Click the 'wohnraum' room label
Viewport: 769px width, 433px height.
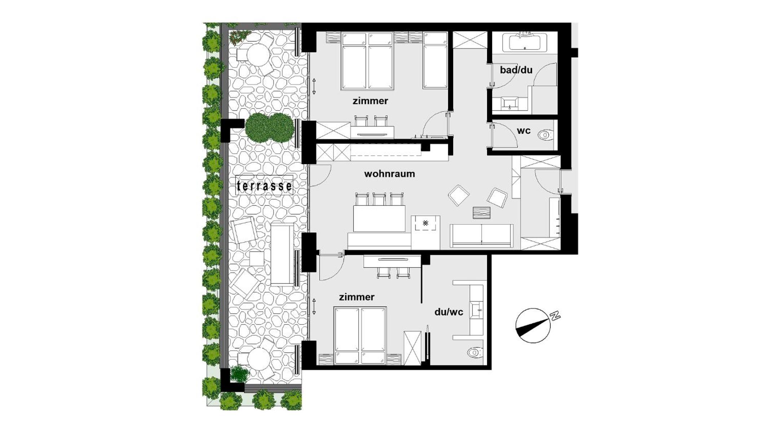pyautogui.click(x=389, y=174)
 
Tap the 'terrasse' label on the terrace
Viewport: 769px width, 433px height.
pyautogui.click(x=264, y=185)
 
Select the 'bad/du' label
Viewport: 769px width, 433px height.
pyautogui.click(x=516, y=70)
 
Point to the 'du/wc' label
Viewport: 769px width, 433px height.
pyautogui.click(x=448, y=312)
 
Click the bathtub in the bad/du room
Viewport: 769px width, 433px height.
pyautogui.click(x=528, y=43)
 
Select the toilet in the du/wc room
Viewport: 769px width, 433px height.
pyautogui.click(x=475, y=352)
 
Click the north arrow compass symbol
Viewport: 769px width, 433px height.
pyautogui.click(x=533, y=325)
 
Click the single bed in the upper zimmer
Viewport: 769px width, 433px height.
pyautogui.click(x=435, y=60)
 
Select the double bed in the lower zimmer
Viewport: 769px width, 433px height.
pyautogui.click(x=360, y=335)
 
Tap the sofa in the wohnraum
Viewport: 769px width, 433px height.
pyautogui.click(x=482, y=236)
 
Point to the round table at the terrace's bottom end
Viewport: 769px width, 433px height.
pyautogui.click(x=258, y=359)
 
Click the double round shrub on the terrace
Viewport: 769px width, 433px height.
pyautogui.click(x=269, y=127)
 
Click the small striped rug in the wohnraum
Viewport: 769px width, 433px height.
pyautogui.click(x=482, y=213)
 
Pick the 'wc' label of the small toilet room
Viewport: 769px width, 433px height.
pyautogui.click(x=523, y=131)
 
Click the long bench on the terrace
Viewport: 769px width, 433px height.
pyautogui.click(x=282, y=254)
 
